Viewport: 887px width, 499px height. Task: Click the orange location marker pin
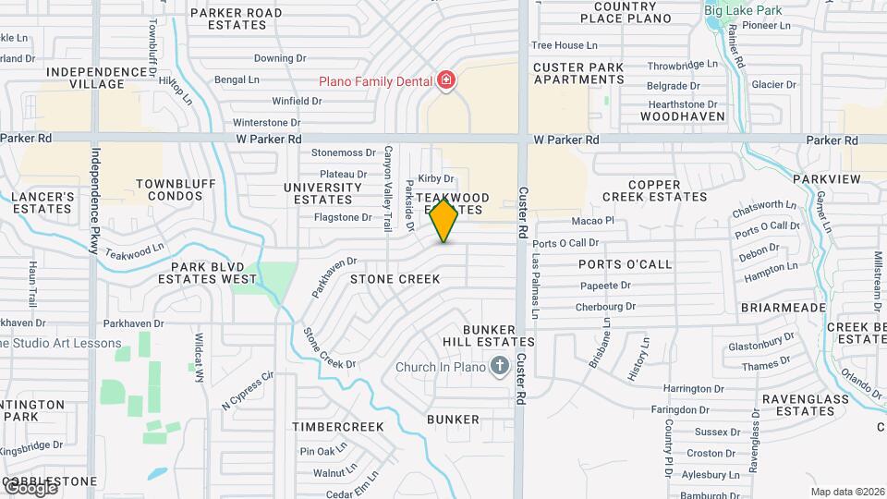(x=444, y=220)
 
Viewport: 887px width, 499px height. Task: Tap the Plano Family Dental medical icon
(x=446, y=81)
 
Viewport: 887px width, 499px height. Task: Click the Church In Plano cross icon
(x=499, y=366)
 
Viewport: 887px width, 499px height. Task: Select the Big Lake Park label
(x=743, y=10)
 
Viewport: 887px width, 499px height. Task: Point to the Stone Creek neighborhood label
(x=395, y=278)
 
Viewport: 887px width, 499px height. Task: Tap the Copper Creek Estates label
(x=654, y=190)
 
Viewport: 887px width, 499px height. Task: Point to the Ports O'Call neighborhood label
(x=626, y=264)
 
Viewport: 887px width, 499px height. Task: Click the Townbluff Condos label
(x=169, y=190)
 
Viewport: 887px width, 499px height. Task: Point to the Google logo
(x=30, y=488)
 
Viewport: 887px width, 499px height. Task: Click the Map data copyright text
(x=847, y=492)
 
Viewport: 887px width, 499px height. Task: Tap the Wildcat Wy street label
(x=199, y=351)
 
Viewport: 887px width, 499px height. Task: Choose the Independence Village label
(x=84, y=78)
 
